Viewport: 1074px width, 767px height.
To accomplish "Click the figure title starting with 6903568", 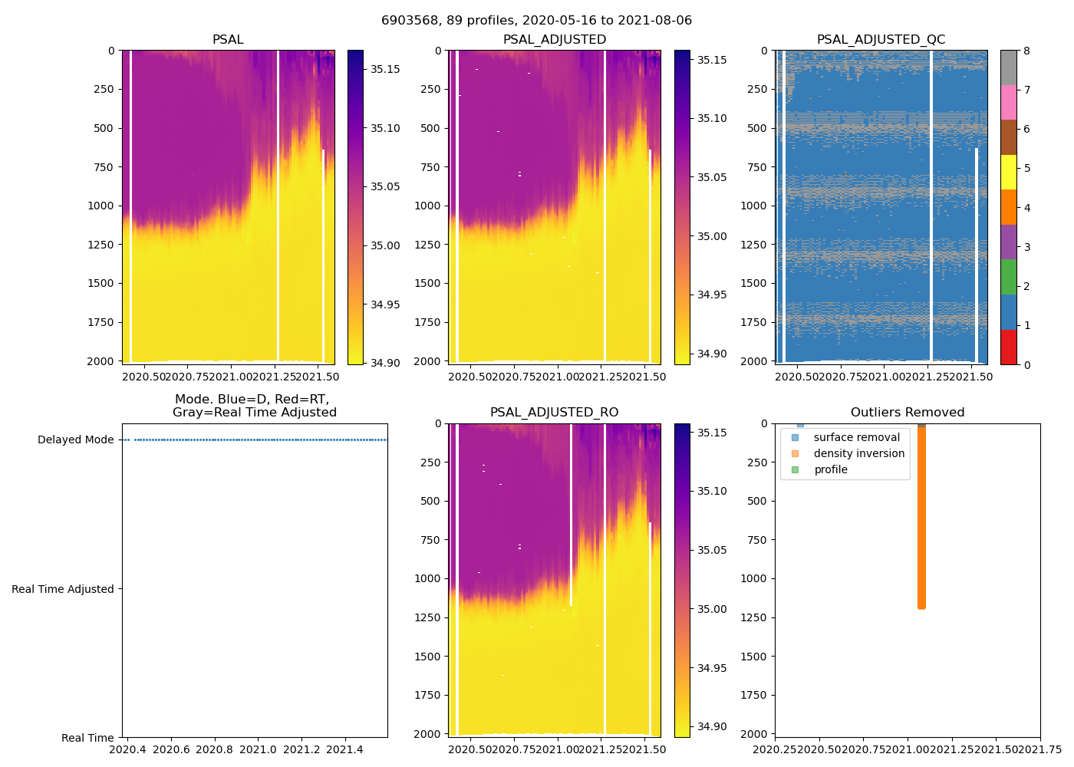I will tap(536, 20).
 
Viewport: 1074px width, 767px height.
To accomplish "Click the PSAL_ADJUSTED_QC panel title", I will tap(881, 39).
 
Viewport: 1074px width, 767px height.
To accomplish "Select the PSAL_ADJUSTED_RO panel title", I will tap(554, 412).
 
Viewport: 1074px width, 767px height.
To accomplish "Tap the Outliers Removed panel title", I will tap(908, 412).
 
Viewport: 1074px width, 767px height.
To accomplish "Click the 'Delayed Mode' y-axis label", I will tap(75, 439).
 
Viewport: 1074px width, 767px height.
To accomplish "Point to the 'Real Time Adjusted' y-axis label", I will tap(63, 589).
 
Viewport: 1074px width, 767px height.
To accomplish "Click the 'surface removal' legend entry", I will tap(856, 437).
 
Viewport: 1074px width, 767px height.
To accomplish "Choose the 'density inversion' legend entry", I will tap(858, 453).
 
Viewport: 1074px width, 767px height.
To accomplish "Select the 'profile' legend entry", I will tap(831, 469).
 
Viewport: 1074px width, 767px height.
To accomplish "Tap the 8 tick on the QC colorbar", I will tap(1026, 51).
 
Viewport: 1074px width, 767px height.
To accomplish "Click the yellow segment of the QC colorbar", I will tap(1008, 173).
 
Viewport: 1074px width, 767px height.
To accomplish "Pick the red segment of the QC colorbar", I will tap(1008, 347).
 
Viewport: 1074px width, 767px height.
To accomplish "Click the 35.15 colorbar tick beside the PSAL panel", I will tap(385, 69).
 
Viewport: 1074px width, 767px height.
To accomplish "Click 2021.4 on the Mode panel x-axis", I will tap(345, 749).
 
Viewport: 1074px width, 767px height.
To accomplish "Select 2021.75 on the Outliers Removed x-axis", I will tap(1040, 749).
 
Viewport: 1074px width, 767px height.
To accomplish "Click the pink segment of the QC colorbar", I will tap(1008, 103).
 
